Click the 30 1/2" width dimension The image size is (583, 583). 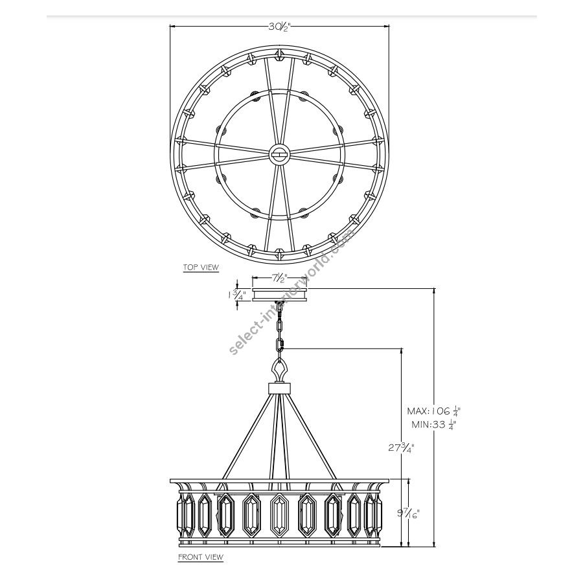pos(279,27)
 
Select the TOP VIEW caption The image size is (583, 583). pos(201,267)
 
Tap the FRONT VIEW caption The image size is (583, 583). pos(201,556)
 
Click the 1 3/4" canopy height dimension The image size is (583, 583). pos(235,295)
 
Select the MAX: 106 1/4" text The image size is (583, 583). pos(434,411)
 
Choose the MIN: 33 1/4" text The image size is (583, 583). pos(434,424)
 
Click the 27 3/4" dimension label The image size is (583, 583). pos(401,448)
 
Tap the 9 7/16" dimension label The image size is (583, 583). pos(409,514)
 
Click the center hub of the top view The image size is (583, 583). pos(279,153)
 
